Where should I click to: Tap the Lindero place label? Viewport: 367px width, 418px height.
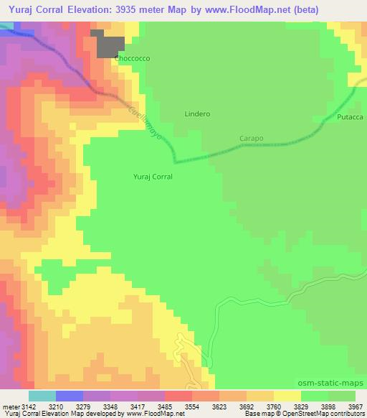(197, 113)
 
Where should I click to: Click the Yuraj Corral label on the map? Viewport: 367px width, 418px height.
(153, 175)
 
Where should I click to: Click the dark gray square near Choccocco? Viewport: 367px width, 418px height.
(110, 47)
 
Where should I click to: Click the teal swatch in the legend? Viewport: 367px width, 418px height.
(42, 396)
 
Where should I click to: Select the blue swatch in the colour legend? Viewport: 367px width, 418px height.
(70, 396)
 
